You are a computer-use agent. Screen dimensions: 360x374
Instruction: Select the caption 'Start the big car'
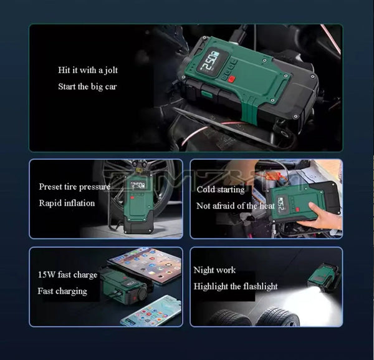pyautogui.click(x=87, y=87)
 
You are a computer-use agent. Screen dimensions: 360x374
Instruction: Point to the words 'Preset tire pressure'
pyautogui.click(x=74, y=187)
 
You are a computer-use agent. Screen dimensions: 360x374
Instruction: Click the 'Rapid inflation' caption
pyautogui.click(x=67, y=203)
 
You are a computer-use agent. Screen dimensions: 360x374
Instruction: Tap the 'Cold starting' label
pyautogui.click(x=221, y=190)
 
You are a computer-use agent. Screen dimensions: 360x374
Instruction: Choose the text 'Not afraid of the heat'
pyautogui.click(x=235, y=206)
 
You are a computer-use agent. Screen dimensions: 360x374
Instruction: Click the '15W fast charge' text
pyautogui.click(x=67, y=275)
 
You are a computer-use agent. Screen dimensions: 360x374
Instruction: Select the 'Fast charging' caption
pyautogui.click(x=62, y=291)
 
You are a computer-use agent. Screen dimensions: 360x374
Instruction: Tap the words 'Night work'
pyautogui.click(x=214, y=270)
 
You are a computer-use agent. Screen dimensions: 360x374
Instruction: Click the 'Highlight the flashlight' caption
pyautogui.click(x=236, y=286)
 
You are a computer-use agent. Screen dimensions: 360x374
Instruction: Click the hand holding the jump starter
pyautogui.click(x=322, y=218)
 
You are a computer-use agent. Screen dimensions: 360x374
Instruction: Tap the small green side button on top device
pyautogui.click(x=206, y=94)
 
